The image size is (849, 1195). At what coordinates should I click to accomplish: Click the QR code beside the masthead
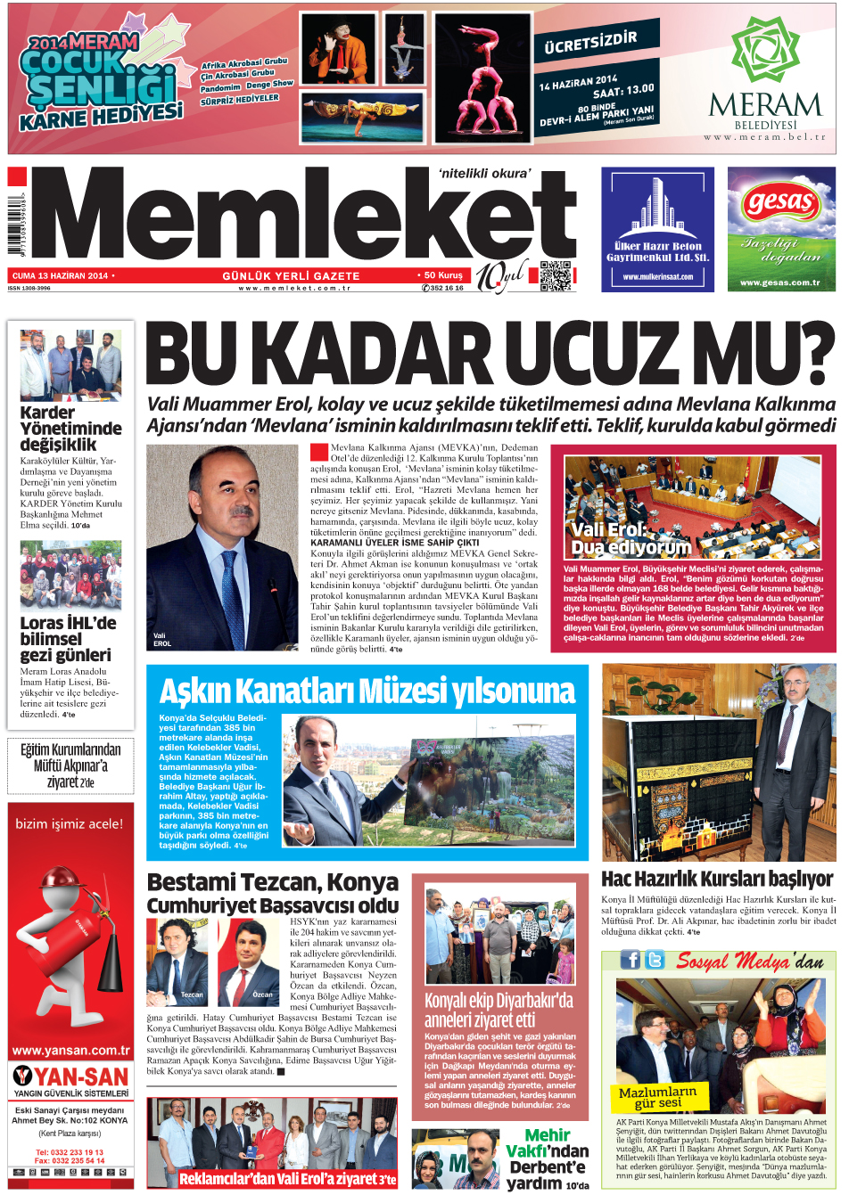point(555,275)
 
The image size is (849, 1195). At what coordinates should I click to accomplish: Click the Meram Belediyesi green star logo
point(764,53)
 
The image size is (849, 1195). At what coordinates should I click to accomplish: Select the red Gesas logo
point(781,203)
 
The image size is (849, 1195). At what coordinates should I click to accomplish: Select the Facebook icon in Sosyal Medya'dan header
point(631,960)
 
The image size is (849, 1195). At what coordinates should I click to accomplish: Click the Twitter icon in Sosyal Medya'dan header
point(655,960)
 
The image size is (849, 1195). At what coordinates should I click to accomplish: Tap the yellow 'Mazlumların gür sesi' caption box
point(658,1097)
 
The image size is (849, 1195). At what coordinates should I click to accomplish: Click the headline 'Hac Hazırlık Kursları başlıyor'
point(717,879)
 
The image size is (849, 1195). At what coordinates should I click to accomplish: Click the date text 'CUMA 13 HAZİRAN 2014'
point(60,275)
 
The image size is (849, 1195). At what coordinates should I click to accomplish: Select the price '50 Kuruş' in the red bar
point(442,275)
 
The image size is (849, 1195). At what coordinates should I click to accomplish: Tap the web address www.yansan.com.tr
point(70,1050)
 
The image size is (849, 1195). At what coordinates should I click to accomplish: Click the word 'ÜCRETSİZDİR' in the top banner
point(591,39)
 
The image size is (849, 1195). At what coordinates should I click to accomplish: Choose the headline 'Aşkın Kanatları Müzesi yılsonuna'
point(367,691)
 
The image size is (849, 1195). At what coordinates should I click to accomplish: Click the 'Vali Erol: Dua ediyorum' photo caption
point(630,538)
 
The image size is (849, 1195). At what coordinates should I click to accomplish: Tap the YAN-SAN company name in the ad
point(81,1076)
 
